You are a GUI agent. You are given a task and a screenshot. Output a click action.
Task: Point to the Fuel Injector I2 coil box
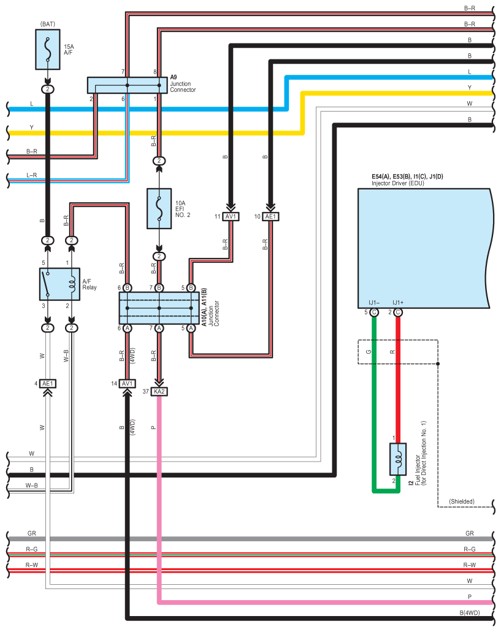tap(397, 459)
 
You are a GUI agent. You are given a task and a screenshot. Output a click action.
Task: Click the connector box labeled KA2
tap(159, 391)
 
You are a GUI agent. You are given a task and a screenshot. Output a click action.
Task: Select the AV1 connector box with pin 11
tap(231, 216)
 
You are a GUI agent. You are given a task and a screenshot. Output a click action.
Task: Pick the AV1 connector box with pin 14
tap(127, 383)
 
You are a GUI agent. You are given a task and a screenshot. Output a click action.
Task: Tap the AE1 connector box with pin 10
tap(271, 216)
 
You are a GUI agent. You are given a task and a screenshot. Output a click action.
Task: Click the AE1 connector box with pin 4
tap(48, 384)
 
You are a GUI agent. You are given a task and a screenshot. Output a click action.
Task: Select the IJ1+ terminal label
tap(397, 302)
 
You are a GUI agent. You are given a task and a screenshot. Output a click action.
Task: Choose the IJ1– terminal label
tap(374, 302)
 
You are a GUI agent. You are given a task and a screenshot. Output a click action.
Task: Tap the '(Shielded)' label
tap(462, 501)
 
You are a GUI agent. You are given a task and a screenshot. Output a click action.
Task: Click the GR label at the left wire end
tap(31, 533)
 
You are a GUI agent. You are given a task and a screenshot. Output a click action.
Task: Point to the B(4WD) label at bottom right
tap(469, 612)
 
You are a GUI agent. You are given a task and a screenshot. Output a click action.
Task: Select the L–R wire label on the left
tap(31, 175)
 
